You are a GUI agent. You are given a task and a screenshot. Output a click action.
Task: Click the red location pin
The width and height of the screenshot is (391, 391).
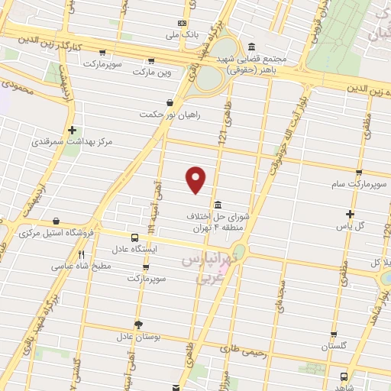(197, 179)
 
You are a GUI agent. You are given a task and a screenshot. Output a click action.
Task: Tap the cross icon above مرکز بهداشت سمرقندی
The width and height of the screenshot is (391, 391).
(72, 131)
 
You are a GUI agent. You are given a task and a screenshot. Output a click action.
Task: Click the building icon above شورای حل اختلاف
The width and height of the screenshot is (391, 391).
(219, 205)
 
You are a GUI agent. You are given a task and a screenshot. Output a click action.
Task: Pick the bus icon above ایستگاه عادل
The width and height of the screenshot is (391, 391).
(134, 238)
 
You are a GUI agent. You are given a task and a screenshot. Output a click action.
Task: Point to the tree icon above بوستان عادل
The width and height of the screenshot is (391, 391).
(138, 324)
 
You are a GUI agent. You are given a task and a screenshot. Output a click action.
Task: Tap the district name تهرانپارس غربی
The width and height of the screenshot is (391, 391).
(203, 269)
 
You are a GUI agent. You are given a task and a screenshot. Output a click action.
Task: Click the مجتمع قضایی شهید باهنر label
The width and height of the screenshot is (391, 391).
(260, 63)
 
